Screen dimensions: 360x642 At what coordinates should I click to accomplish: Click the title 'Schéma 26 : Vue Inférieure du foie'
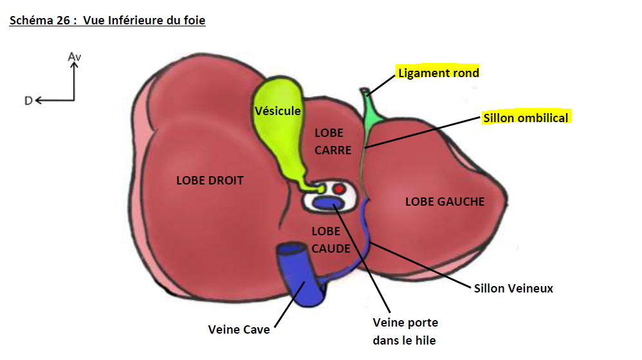click(107, 21)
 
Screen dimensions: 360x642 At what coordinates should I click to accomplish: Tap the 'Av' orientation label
click(75, 57)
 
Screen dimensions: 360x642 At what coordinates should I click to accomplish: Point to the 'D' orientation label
click(28, 100)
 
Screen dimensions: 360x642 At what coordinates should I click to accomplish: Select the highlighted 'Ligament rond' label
click(439, 73)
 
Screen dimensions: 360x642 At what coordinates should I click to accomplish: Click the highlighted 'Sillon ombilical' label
click(526, 118)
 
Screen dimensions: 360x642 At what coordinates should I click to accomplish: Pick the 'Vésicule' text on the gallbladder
click(277, 111)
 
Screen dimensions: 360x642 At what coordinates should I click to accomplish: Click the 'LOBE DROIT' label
click(210, 181)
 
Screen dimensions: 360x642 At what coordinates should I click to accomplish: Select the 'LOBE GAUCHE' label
click(445, 201)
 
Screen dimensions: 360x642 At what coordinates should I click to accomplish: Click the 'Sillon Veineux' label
click(513, 289)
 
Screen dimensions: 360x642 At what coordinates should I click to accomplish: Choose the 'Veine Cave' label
click(239, 330)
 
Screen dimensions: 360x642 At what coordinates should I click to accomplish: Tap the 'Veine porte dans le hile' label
click(405, 331)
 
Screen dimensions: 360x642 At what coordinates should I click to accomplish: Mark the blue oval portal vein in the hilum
click(328, 204)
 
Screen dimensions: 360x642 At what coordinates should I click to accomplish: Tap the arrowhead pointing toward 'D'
click(38, 100)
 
